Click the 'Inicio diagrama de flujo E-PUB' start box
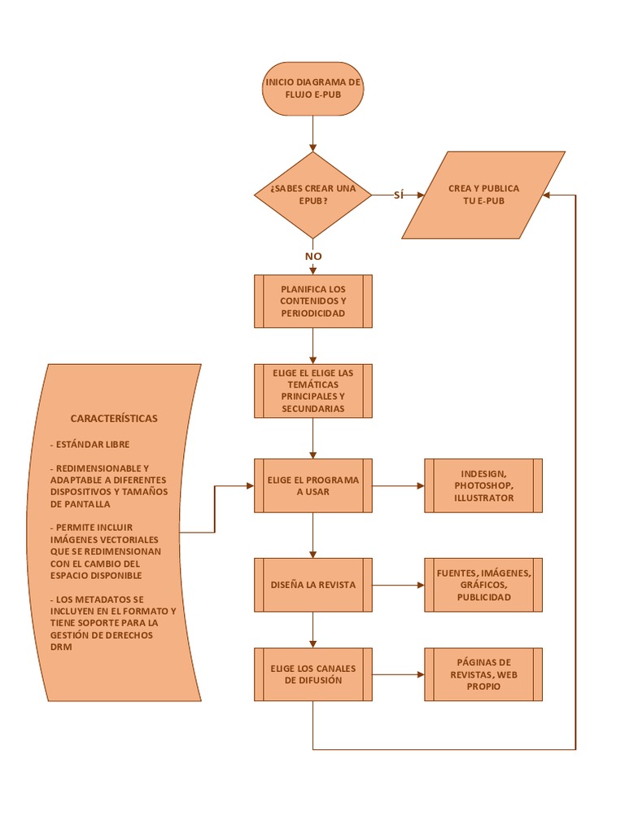pos(312,89)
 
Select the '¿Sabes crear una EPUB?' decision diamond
pos(312,195)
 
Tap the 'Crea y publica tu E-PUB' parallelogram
pos(483,195)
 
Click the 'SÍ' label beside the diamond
pos(399,195)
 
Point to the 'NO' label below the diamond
pos(313,256)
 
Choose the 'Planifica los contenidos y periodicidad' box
pos(312,301)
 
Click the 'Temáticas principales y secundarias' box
pos(312,391)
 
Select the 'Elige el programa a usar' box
pos(312,485)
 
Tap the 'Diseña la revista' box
pos(312,585)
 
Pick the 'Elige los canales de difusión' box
pos(312,674)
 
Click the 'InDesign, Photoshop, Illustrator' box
pos(483,485)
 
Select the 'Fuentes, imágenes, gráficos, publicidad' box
pos(483,585)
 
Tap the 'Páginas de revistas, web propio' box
pos(483,674)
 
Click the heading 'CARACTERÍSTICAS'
pos(114,419)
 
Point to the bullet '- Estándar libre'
pos(90,445)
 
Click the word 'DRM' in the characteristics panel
pos(61,647)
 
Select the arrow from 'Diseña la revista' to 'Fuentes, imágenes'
pos(399,585)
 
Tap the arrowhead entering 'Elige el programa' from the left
pos(249,486)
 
